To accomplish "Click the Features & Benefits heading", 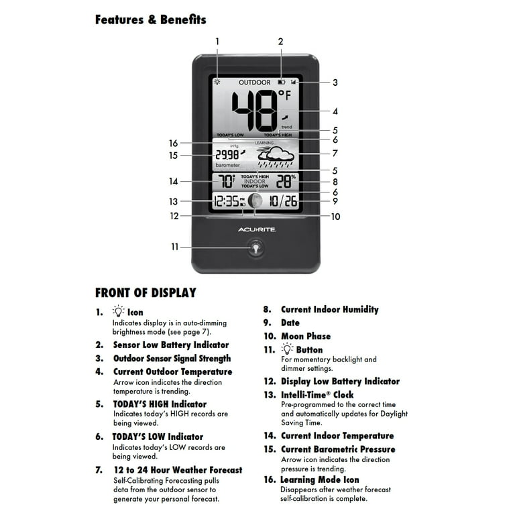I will (150, 19).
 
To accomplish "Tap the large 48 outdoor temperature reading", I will (253, 110).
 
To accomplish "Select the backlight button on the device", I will (255, 247).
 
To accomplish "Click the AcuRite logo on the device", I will (256, 229).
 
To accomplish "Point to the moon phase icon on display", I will (255, 201).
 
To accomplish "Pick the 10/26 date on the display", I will (283, 201).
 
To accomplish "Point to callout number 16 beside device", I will (174, 143).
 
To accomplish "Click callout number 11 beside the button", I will (174, 247).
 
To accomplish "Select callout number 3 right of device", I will (335, 82).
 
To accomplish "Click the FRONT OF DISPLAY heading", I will (146, 292).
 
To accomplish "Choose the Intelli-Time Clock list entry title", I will (317, 395).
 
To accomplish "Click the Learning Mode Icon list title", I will (320, 479).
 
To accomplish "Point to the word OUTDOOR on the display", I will (255, 82).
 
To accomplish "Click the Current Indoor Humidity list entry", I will (329, 309).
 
